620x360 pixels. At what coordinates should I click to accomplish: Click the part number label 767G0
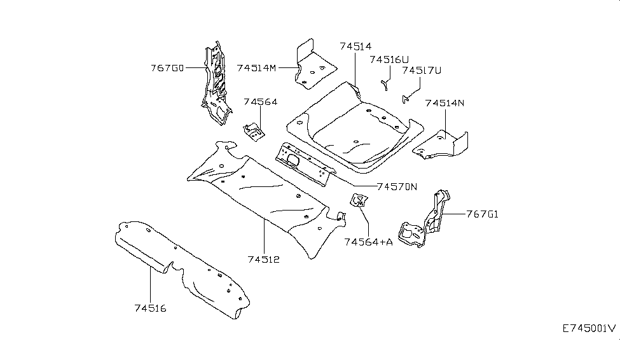(x=167, y=67)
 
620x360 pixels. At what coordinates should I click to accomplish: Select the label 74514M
(x=256, y=67)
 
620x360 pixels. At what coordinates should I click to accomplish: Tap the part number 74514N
(x=445, y=103)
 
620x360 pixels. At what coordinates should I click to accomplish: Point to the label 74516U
(x=389, y=60)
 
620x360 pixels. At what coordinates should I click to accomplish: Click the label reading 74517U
(x=422, y=71)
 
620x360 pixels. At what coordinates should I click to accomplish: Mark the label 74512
(x=265, y=260)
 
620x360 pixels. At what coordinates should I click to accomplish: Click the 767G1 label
(x=482, y=214)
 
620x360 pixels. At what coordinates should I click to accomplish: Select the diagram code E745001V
(x=589, y=329)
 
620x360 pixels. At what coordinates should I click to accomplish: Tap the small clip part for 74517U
(x=405, y=98)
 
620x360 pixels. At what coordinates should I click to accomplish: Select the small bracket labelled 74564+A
(x=357, y=201)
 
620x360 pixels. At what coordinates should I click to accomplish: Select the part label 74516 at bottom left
(x=150, y=308)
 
